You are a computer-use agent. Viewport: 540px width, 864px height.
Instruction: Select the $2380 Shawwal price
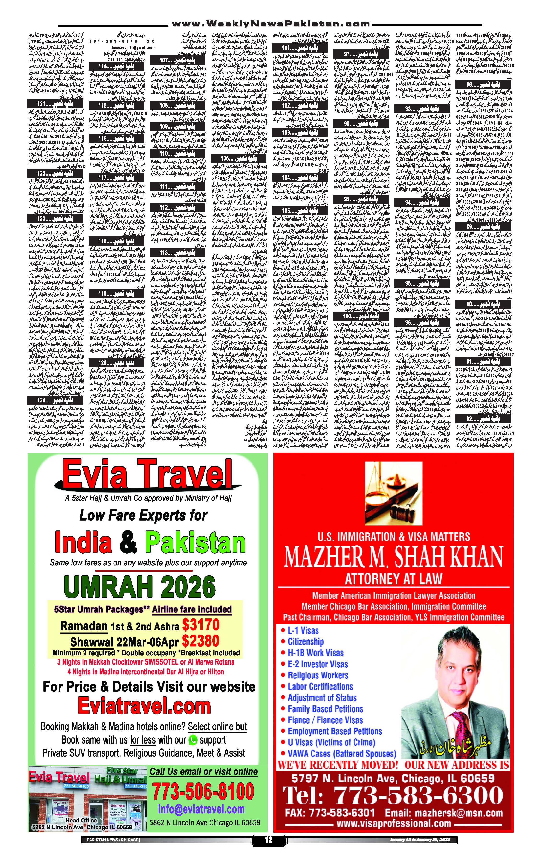pyautogui.click(x=200, y=641)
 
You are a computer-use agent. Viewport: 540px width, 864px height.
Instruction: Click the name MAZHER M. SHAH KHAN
pyautogui.click(x=393, y=557)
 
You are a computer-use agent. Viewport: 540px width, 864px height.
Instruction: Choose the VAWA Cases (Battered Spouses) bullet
pyautogui.click(x=342, y=753)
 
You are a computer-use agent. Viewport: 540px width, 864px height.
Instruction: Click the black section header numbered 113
pyautogui.click(x=178, y=252)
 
